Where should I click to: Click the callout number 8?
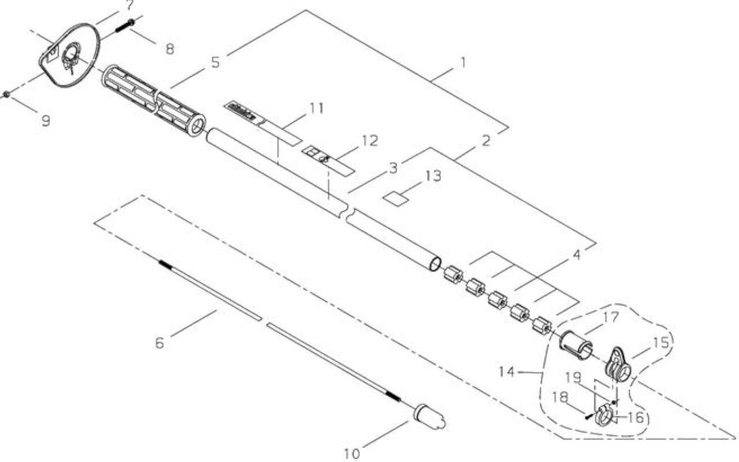pyautogui.click(x=170, y=49)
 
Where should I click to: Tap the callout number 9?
pyautogui.click(x=46, y=121)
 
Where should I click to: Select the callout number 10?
pyautogui.click(x=352, y=454)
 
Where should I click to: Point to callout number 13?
pyautogui.click(x=434, y=176)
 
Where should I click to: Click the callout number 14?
pyautogui.click(x=507, y=372)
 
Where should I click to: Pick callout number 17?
pyautogui.click(x=611, y=318)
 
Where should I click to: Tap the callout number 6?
pyautogui.click(x=159, y=343)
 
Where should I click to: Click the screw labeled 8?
pyautogui.click(x=125, y=26)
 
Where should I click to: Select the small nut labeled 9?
pyautogui.click(x=6, y=95)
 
